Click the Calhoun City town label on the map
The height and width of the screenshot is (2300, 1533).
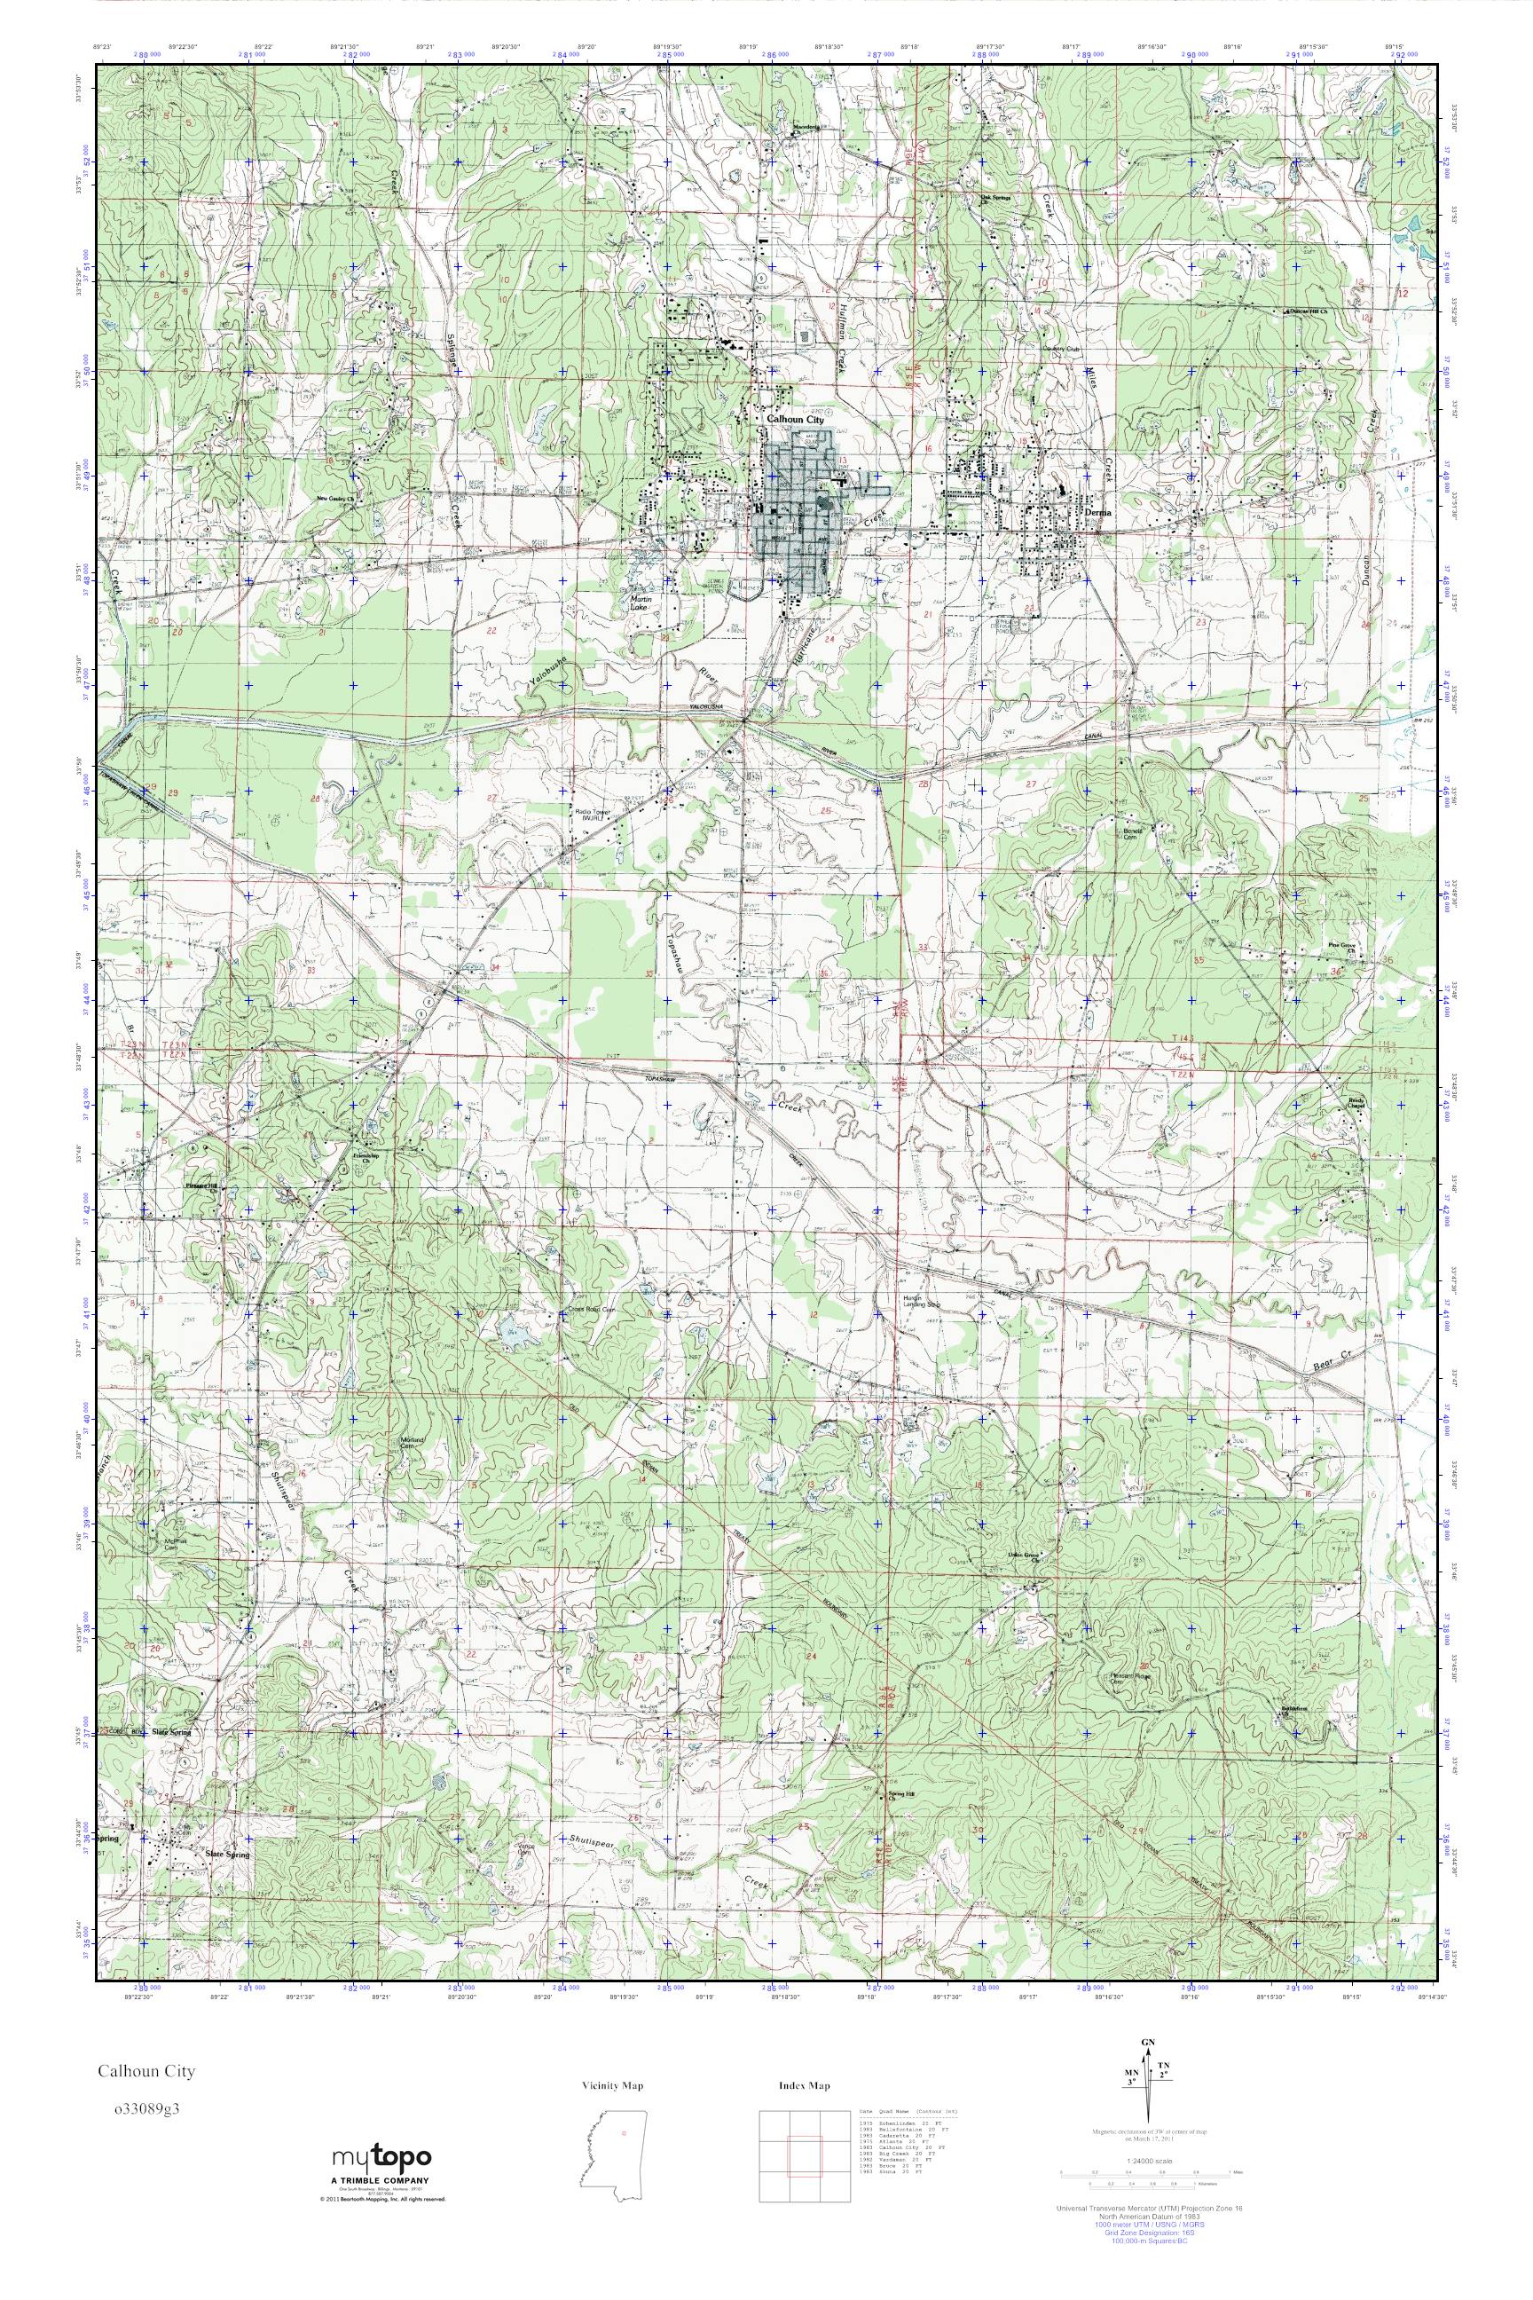point(795,419)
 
